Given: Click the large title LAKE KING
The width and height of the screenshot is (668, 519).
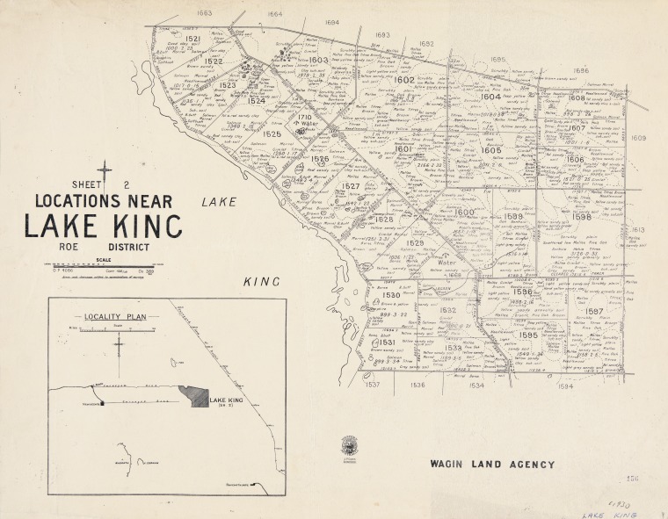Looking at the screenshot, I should (103, 225).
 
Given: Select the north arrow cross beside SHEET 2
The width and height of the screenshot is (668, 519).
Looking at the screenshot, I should (105, 172).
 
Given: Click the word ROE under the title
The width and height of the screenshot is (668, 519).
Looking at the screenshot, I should (70, 247).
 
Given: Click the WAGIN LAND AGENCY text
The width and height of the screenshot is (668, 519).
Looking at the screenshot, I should (491, 464).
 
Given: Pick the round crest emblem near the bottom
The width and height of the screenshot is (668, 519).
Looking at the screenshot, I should (349, 445).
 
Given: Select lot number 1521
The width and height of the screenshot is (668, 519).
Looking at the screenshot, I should (193, 40).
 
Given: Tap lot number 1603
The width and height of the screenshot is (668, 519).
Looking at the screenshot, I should (319, 61).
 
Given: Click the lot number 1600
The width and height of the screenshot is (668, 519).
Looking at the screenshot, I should (464, 213).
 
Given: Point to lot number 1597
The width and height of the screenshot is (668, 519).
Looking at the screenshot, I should (594, 312).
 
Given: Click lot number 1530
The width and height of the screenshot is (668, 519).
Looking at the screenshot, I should (392, 297).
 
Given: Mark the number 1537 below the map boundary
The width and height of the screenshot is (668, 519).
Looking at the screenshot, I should (373, 385).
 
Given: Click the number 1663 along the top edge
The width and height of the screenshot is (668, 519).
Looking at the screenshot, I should (205, 13).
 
